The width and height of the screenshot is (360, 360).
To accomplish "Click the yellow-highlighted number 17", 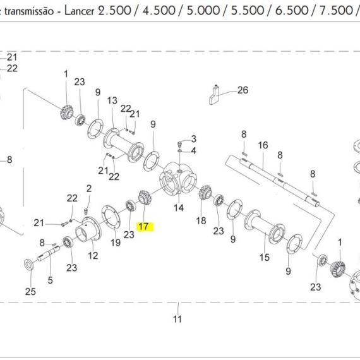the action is click(x=144, y=227).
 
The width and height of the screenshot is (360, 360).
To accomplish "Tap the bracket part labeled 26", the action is click(x=214, y=95).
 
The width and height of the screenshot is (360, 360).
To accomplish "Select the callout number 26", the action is click(x=243, y=90).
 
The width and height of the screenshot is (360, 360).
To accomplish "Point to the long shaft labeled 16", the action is click(x=279, y=181).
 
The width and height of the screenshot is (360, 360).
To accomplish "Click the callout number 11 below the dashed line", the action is click(x=177, y=319).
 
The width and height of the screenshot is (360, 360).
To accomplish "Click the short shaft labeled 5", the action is click(x=49, y=253).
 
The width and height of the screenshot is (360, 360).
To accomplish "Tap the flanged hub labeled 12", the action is click(x=88, y=229).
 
